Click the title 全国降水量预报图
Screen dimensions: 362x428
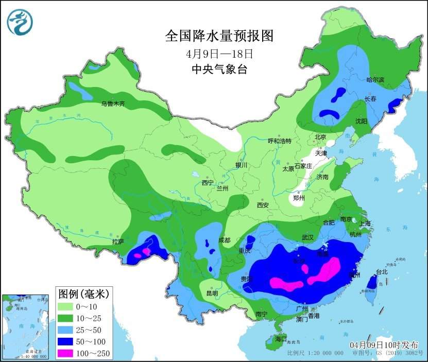[x=218, y=36]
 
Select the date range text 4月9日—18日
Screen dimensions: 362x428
[x=219, y=54]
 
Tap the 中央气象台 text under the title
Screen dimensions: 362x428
[x=219, y=70]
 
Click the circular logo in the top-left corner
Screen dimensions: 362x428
[x=20, y=22]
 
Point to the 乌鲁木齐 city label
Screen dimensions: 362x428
[x=113, y=104]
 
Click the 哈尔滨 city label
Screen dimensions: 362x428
[x=375, y=80]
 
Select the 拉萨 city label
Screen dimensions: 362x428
[x=118, y=241]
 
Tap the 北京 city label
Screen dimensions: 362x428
[x=320, y=137]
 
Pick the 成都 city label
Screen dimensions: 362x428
[x=224, y=239]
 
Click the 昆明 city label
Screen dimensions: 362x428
[x=212, y=293]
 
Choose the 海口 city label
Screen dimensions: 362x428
[x=280, y=340]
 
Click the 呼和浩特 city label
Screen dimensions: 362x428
[x=280, y=141]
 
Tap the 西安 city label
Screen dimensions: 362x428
[x=263, y=205]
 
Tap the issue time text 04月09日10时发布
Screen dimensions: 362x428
[x=384, y=344]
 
